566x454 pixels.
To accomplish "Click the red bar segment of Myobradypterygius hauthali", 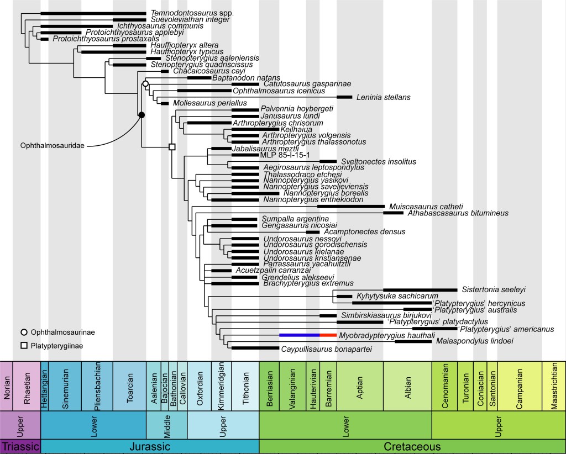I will [328, 335].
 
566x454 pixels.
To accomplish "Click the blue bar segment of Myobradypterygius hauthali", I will [299, 335].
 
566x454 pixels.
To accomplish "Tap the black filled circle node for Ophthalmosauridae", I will [141, 115].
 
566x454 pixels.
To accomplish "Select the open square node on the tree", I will [171, 146].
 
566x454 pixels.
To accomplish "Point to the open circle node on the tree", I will [145, 83].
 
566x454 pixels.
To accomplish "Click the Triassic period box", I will [20, 446].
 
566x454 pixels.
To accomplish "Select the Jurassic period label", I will [149, 446].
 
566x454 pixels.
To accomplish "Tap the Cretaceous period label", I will [412, 446].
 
